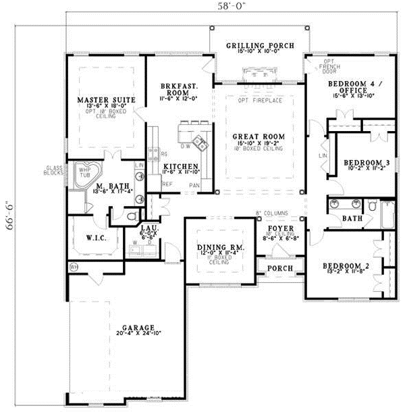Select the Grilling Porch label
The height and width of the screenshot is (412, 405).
click(260, 46)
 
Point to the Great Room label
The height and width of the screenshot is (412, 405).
click(259, 136)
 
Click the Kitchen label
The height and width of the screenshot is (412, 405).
click(180, 166)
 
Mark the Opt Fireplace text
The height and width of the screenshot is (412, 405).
click(260, 101)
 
